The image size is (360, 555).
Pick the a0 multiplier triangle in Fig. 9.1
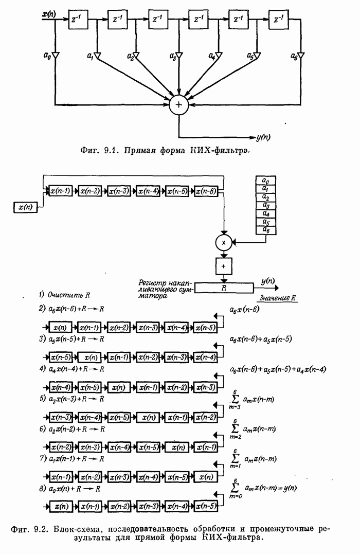(x=56, y=55)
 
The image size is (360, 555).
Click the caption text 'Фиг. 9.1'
(x=94, y=151)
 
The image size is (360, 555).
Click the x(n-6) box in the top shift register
(x=207, y=191)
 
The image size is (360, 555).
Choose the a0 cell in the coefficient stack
(x=265, y=181)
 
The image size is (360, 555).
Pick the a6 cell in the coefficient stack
(x=265, y=231)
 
